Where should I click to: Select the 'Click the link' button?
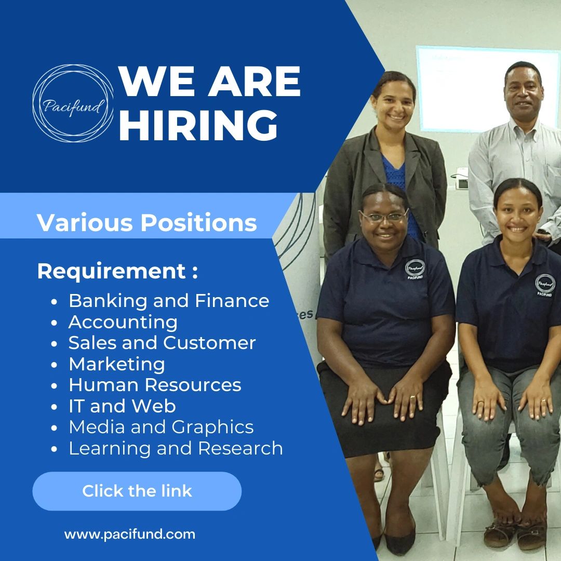[x=137, y=491]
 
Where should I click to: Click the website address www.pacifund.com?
[x=130, y=534]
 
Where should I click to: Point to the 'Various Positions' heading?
[x=147, y=223]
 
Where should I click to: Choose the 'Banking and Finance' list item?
[x=169, y=301]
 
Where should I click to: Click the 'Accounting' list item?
[x=123, y=322]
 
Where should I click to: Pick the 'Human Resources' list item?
[x=155, y=385]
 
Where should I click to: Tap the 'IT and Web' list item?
[x=122, y=406]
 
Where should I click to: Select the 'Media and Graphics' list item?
[x=161, y=427]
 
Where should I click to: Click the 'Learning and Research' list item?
[x=176, y=448]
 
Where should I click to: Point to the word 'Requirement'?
[x=112, y=272]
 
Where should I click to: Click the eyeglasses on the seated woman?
[x=385, y=216]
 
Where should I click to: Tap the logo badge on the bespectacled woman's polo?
[x=415, y=269]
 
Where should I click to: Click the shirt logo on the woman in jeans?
[x=545, y=284]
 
